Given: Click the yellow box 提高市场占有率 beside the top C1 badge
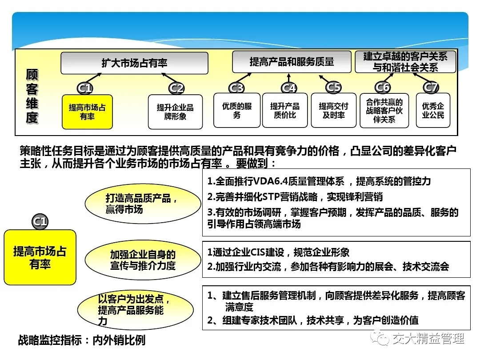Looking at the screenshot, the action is (87, 112).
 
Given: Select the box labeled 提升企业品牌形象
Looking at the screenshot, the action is (175, 112).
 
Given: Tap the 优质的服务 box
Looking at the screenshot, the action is (237, 110).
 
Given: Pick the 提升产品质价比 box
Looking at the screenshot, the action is (285, 110).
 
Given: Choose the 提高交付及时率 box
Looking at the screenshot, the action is (334, 110).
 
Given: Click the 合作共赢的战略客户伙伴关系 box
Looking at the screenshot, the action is (384, 111).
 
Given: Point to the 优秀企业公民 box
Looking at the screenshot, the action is (433, 110).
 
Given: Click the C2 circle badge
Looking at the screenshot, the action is (176, 88).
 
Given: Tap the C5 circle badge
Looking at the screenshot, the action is (333, 87).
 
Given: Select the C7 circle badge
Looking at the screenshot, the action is (431, 88).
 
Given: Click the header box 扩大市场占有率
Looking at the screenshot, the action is (134, 63).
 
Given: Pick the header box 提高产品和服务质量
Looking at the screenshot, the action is (292, 62).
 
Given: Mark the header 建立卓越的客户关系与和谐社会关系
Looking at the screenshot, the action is (405, 62).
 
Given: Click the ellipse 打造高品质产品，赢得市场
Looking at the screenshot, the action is (143, 204).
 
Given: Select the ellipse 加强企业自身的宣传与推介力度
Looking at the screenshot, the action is (143, 260).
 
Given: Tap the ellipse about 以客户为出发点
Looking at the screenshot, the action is (135, 310).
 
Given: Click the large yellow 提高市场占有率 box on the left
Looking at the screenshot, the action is (40, 257).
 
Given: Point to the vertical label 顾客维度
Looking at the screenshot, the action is (32, 96).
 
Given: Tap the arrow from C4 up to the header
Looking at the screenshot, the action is (289, 78).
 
